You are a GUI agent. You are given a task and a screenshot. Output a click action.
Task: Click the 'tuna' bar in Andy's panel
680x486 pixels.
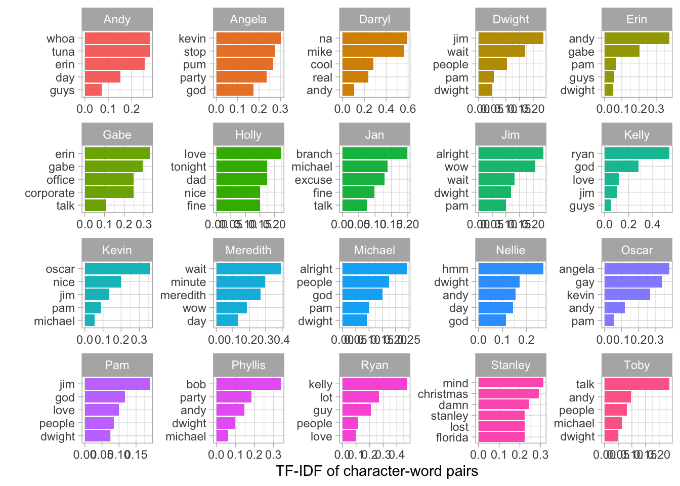click(x=117, y=51)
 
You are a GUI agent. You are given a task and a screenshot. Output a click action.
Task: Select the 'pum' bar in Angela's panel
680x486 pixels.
click(x=244, y=64)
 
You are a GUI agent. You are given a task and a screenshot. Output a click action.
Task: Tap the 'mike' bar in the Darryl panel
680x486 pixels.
click(x=373, y=51)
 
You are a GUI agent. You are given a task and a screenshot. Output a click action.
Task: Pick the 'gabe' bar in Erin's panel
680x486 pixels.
click(x=622, y=51)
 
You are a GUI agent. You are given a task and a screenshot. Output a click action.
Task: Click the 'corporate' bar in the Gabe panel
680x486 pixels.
click(x=109, y=193)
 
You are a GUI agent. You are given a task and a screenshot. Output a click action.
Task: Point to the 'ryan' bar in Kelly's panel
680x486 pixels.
click(x=636, y=154)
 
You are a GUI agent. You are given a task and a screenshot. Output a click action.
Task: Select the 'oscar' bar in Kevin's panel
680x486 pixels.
click(x=117, y=269)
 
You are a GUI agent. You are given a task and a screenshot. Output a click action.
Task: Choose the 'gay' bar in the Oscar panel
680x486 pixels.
click(x=633, y=282)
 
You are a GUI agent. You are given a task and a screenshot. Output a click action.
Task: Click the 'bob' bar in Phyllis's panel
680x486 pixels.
click(x=248, y=384)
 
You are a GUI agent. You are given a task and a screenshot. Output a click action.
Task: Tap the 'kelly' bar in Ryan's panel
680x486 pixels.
click(x=374, y=384)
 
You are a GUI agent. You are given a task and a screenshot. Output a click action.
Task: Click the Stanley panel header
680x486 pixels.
click(x=511, y=365)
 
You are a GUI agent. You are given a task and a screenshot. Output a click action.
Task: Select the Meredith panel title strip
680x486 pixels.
click(x=248, y=250)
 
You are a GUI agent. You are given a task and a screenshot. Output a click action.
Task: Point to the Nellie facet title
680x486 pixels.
click(x=511, y=250)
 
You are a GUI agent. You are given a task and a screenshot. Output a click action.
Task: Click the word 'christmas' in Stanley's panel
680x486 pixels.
click(x=443, y=394)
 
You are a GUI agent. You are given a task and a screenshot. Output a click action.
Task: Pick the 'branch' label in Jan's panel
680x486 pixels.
click(x=314, y=154)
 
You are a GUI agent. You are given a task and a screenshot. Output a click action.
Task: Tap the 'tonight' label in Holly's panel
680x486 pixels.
click(x=188, y=167)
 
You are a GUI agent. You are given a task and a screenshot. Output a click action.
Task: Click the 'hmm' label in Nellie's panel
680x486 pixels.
click(x=455, y=269)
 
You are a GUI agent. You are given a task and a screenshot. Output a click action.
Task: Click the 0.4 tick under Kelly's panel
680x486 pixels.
click(x=653, y=224)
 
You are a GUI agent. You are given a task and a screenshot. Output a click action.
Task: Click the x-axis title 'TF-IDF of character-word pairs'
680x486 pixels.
click(x=377, y=471)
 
